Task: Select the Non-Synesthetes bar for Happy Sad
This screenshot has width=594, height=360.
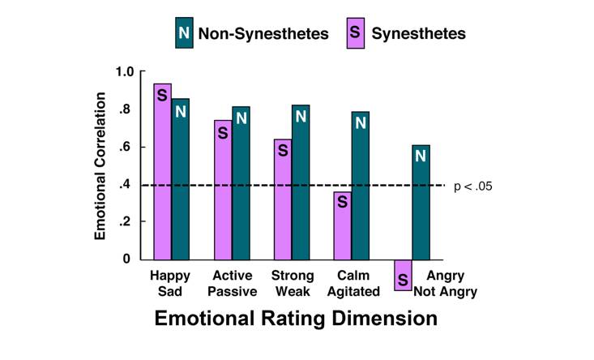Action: click(x=181, y=178)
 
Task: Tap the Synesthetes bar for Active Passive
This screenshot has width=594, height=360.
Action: click(x=223, y=190)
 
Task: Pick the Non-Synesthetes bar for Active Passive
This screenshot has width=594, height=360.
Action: click(x=241, y=182)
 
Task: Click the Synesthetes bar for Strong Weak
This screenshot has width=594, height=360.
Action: click(x=282, y=199)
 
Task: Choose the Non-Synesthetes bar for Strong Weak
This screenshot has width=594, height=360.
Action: click(x=301, y=182)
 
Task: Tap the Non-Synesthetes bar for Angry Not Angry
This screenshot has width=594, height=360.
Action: click(x=421, y=202)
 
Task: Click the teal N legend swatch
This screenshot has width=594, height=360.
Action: click(x=184, y=33)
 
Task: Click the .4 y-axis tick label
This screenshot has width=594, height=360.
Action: click(x=126, y=185)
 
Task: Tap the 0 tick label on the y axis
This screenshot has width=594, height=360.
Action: click(x=126, y=259)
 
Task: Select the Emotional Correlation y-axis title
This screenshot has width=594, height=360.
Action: click(x=100, y=165)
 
